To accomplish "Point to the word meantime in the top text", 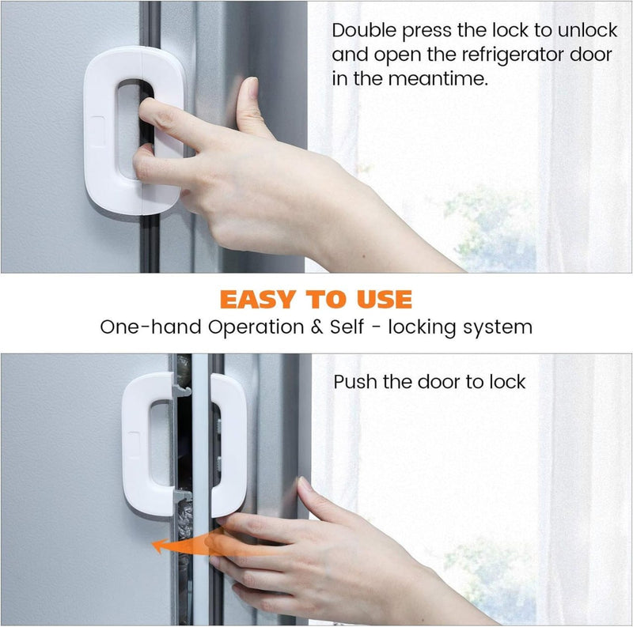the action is click(x=438, y=79).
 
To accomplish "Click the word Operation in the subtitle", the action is click(x=256, y=327).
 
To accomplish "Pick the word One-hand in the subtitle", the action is click(x=150, y=327).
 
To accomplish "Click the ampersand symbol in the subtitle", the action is click(x=317, y=327).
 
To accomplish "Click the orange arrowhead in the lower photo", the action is click(x=159, y=546).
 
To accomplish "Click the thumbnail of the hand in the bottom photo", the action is click(x=305, y=483).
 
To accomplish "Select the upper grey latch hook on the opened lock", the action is click(x=181, y=391).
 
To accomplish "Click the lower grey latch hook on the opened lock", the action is click(x=183, y=496).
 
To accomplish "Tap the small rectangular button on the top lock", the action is click(x=97, y=130).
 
